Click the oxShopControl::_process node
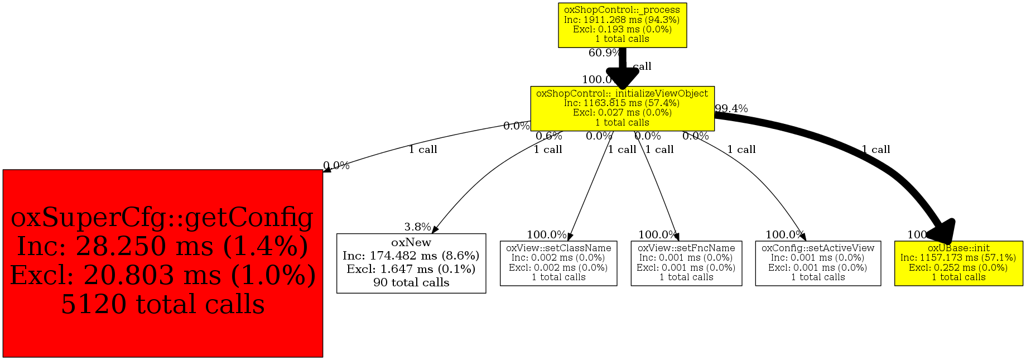click(x=622, y=25)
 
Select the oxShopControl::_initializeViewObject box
click(x=622, y=108)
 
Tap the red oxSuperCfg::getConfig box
click(x=162, y=263)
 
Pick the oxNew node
click(x=411, y=263)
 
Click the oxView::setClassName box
click(x=558, y=263)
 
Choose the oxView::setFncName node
click(x=686, y=263)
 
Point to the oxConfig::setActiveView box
click(x=818, y=263)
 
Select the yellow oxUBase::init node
click(x=958, y=263)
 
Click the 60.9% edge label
click(x=604, y=53)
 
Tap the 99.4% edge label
click(x=731, y=108)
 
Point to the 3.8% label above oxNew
click(x=417, y=227)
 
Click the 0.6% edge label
click(x=549, y=136)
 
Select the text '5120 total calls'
click(x=162, y=304)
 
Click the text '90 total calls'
click(x=411, y=282)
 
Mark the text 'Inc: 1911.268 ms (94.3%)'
click(x=622, y=20)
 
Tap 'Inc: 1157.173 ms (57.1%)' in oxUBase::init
click(x=958, y=258)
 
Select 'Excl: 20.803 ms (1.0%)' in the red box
click(x=162, y=275)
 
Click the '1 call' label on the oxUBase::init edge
click(x=875, y=150)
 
